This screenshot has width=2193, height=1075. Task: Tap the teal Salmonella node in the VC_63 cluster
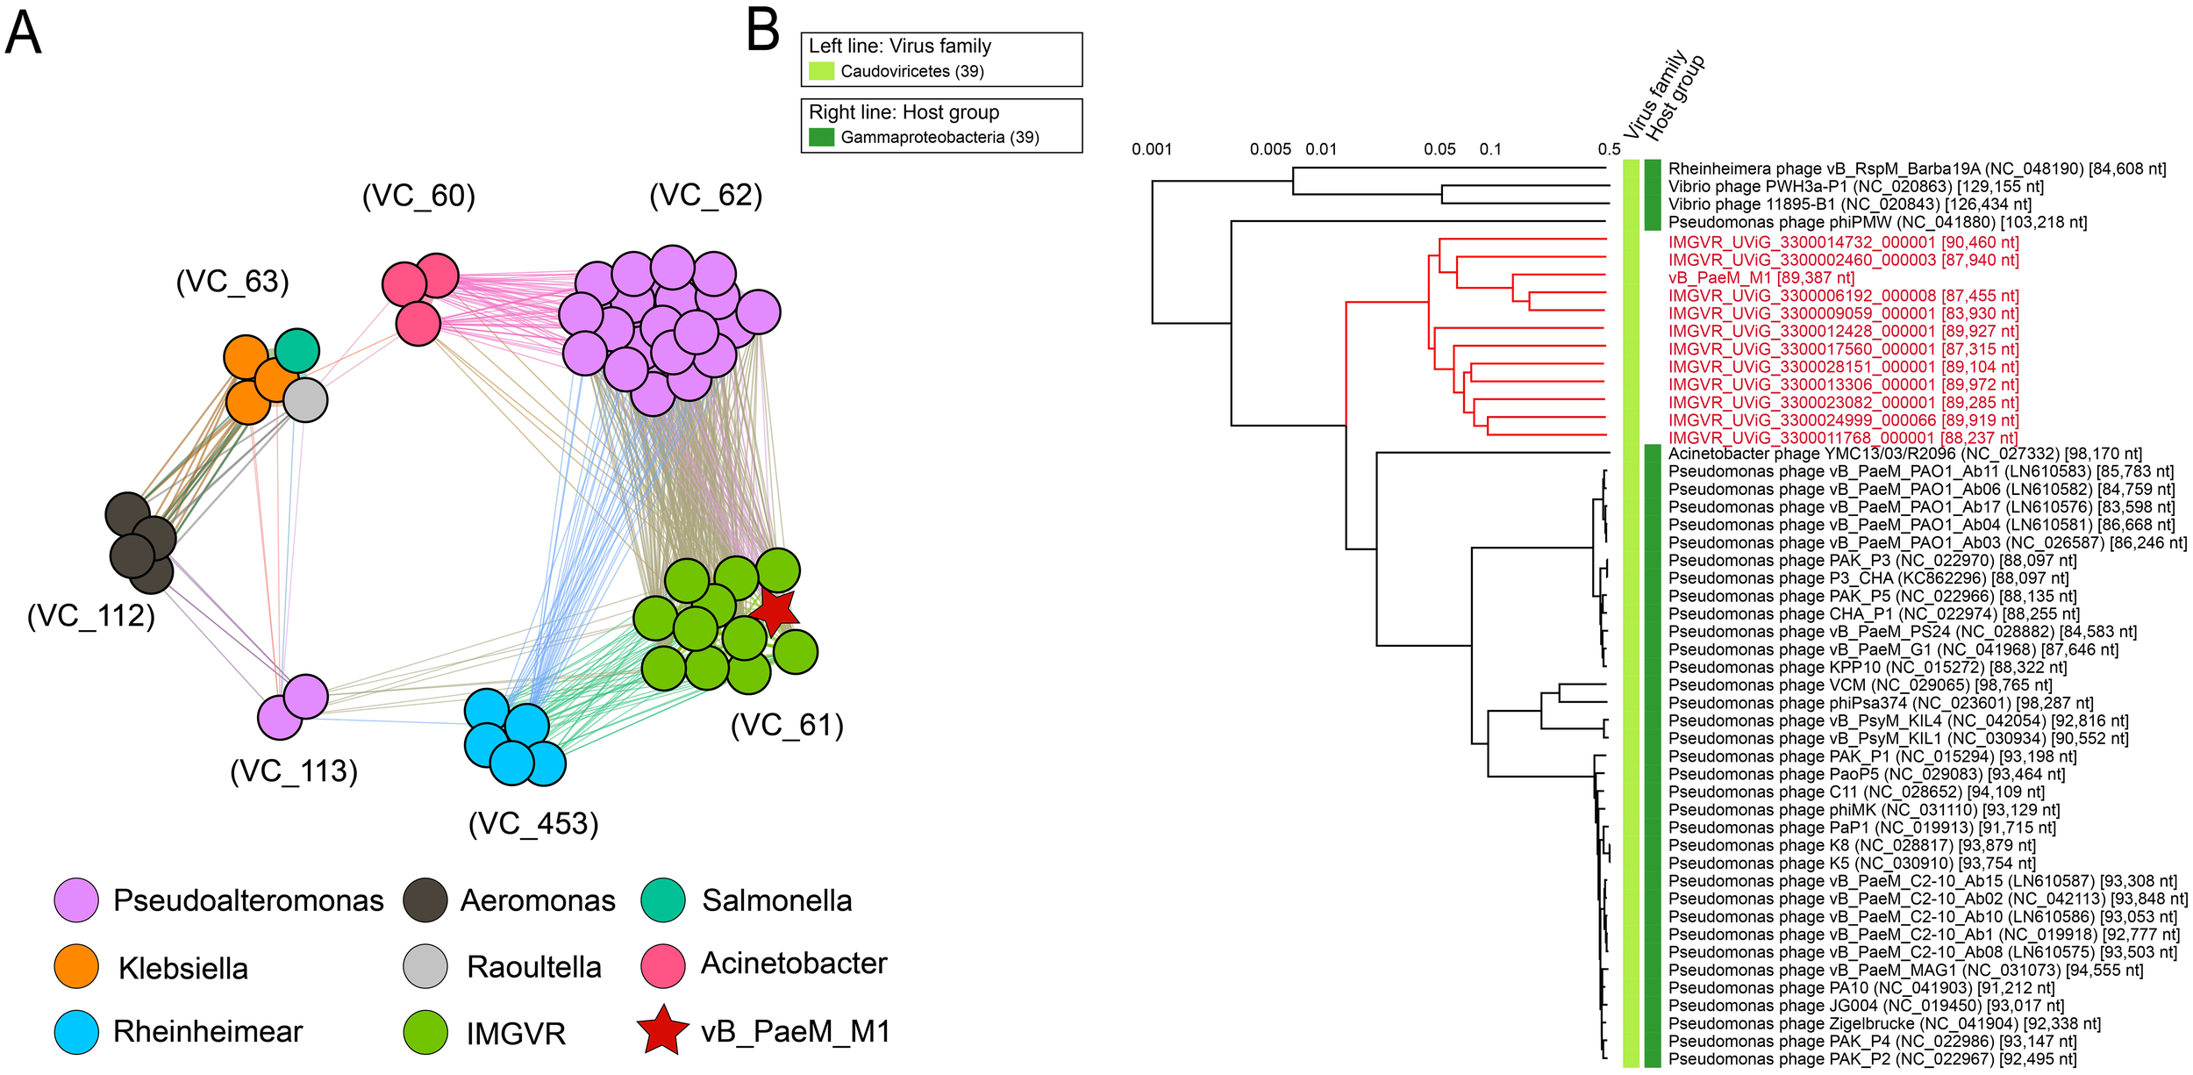tap(297, 351)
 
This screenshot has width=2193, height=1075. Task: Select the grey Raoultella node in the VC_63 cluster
tap(304, 400)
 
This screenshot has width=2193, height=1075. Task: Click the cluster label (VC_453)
tap(533, 824)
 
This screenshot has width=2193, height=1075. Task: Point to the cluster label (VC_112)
tap(91, 616)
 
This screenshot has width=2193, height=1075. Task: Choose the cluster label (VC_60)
tap(418, 196)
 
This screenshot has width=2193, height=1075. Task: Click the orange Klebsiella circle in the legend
tap(76, 966)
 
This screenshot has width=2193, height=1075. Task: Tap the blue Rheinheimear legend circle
tap(76, 1032)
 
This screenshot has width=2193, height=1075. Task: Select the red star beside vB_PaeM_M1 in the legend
tap(662, 1030)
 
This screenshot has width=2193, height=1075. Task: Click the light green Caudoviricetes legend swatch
tap(821, 71)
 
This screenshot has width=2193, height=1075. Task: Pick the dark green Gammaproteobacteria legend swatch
tap(821, 137)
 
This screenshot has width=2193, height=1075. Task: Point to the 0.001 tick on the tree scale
tap(1152, 149)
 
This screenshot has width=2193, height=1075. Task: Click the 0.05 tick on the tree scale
tap(1439, 149)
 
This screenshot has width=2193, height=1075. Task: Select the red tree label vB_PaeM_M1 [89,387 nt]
tap(1761, 278)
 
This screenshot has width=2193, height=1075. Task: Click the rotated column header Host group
tap(1675, 97)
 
